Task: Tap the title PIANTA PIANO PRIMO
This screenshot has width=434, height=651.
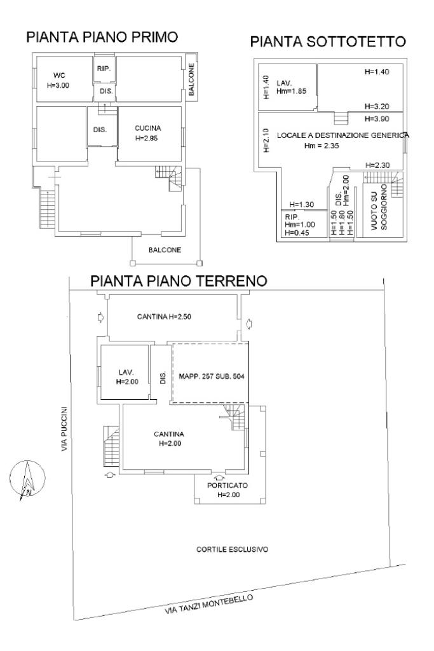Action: click(x=102, y=37)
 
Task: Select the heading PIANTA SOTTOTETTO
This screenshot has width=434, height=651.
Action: click(x=328, y=41)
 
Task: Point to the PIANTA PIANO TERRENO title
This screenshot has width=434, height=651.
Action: click(x=179, y=281)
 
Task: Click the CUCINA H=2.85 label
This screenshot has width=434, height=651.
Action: click(x=147, y=134)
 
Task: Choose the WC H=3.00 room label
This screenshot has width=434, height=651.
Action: click(x=58, y=81)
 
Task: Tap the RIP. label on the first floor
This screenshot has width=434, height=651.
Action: click(x=104, y=69)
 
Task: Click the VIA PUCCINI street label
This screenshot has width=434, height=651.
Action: click(x=64, y=429)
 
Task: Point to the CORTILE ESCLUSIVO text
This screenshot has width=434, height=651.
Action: click(x=233, y=549)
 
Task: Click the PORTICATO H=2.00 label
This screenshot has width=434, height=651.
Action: click(x=227, y=490)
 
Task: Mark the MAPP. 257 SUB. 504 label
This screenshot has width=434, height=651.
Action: click(x=212, y=376)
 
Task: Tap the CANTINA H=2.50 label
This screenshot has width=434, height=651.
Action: click(x=164, y=317)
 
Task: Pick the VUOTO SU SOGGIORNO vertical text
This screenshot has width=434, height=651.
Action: click(x=379, y=208)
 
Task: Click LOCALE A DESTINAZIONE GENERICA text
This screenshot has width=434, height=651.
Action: click(x=343, y=135)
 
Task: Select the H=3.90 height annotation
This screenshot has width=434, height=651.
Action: click(x=377, y=119)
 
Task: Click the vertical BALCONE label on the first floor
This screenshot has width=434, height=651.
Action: click(x=191, y=79)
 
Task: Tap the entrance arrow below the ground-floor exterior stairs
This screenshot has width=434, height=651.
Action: click(x=110, y=475)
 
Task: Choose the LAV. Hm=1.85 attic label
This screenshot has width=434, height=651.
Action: click(x=292, y=87)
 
